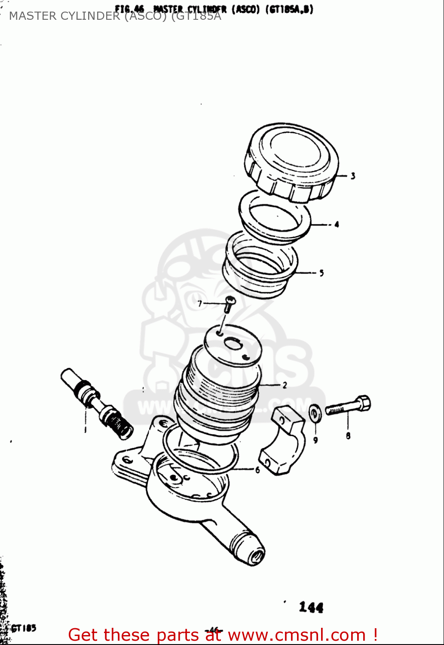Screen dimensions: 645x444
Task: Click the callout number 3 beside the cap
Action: [352, 176]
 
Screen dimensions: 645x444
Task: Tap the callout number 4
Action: [337, 224]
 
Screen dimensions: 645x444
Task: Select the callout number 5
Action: [321, 273]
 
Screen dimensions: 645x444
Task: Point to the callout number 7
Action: [200, 304]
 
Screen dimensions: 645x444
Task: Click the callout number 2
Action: [284, 385]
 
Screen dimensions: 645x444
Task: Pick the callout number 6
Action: [257, 470]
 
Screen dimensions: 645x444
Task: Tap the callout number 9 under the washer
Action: [315, 440]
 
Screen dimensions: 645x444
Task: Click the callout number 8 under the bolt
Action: [348, 436]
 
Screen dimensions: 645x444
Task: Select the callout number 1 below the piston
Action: [85, 430]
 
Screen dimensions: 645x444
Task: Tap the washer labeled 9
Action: [315, 413]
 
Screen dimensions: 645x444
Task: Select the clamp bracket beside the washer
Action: [282, 443]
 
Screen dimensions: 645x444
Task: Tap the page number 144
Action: [311, 607]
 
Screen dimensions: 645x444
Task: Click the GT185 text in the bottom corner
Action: [24, 628]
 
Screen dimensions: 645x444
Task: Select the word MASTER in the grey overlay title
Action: [33, 16]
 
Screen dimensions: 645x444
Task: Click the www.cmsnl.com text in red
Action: [297, 635]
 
